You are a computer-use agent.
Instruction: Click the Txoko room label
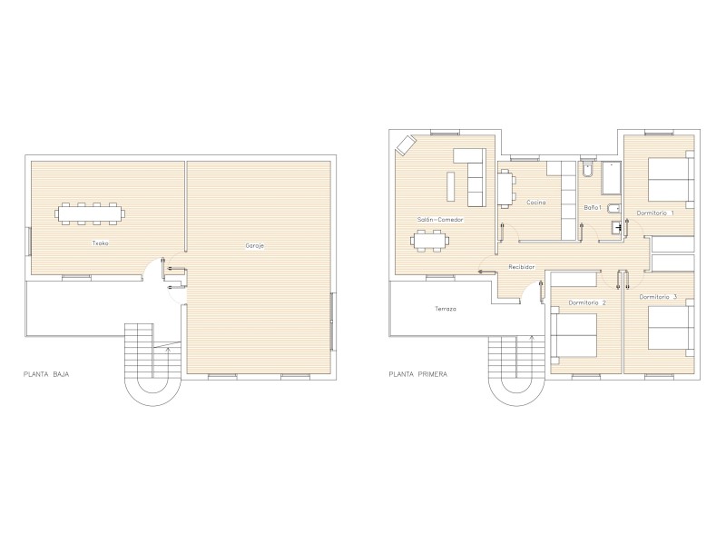click(101, 243)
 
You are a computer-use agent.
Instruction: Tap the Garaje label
click(255, 245)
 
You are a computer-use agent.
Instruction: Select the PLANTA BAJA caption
click(46, 374)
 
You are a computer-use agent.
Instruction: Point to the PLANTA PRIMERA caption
click(418, 374)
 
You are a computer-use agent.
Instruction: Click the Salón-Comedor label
click(440, 220)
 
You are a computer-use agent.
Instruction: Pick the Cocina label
click(536, 202)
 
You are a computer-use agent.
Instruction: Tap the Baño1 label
click(593, 208)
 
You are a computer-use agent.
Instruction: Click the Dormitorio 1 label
click(655, 213)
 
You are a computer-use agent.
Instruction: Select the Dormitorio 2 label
click(587, 302)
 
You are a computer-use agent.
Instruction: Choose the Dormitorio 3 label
click(658, 297)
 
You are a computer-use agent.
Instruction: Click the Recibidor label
click(521, 267)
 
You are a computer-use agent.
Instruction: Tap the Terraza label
click(446, 309)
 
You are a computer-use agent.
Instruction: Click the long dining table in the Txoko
click(90, 213)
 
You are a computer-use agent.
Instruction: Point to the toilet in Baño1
click(586, 170)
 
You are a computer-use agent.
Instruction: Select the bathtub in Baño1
click(611, 178)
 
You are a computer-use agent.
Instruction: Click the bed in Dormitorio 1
click(670, 180)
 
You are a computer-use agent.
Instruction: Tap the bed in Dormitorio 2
click(574, 335)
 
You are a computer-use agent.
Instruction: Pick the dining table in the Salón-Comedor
click(429, 241)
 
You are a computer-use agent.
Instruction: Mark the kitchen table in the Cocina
click(506, 188)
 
